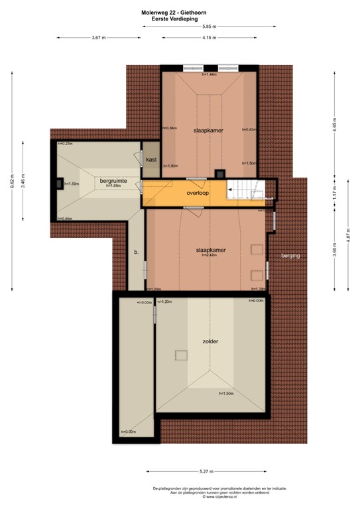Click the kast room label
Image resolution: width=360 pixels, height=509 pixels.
pyautogui.click(x=151, y=160)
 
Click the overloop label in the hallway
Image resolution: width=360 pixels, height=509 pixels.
pyautogui.click(x=198, y=194)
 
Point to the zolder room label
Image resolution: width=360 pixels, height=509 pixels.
pyautogui.click(x=211, y=341)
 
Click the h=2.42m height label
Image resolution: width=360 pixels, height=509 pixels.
pyautogui.click(x=210, y=255)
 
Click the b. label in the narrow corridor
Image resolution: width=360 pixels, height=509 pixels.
pyautogui.click(x=136, y=252)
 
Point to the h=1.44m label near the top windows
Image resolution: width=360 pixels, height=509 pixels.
pyautogui.click(x=210, y=74)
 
